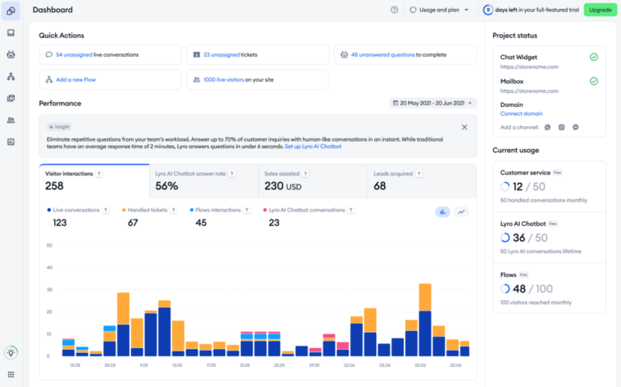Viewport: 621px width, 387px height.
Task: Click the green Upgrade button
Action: (600, 10)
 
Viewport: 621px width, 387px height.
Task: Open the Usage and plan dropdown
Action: (439, 10)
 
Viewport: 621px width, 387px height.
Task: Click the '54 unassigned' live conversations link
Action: (74, 54)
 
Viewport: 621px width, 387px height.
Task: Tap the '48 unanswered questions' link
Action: (382, 54)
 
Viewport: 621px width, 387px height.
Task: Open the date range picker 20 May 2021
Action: (433, 103)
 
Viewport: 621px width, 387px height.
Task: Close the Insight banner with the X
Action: (464, 127)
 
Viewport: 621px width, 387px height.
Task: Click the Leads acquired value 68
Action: (379, 185)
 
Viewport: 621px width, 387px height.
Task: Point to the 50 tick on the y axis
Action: (49, 245)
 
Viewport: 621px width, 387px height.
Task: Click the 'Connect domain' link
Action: (522, 113)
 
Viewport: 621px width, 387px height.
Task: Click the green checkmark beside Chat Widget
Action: (594, 57)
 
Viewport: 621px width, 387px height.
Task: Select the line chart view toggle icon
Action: (462, 211)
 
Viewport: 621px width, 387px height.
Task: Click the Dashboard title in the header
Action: (53, 10)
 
